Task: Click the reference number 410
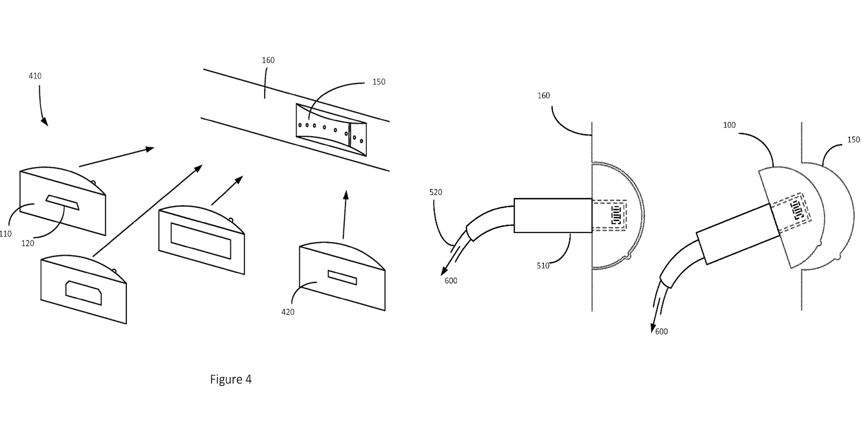tap(35, 76)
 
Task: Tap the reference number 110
tap(6, 234)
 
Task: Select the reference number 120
tap(27, 243)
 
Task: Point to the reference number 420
tap(288, 312)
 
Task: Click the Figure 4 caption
tap(230, 379)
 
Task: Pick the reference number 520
tap(435, 192)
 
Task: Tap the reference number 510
tap(543, 266)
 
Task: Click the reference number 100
tap(729, 125)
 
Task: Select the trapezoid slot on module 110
tap(62, 202)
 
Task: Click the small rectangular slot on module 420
tap(342, 277)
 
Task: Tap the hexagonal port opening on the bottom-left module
tap(83, 293)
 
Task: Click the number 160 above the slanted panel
tap(268, 60)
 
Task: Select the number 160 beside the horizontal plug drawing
tap(543, 95)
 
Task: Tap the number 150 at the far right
tap(853, 140)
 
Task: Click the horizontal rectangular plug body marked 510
tap(553, 215)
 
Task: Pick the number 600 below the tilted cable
tap(661, 332)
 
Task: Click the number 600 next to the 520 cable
tap(451, 281)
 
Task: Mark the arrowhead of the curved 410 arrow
tap(45, 122)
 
